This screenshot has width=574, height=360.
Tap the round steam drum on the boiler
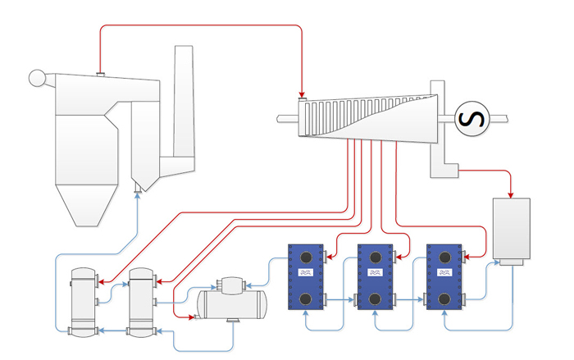(37, 79)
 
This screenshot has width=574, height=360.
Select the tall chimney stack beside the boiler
(183, 98)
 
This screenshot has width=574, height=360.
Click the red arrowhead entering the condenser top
(511, 195)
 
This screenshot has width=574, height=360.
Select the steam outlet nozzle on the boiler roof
(100, 75)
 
